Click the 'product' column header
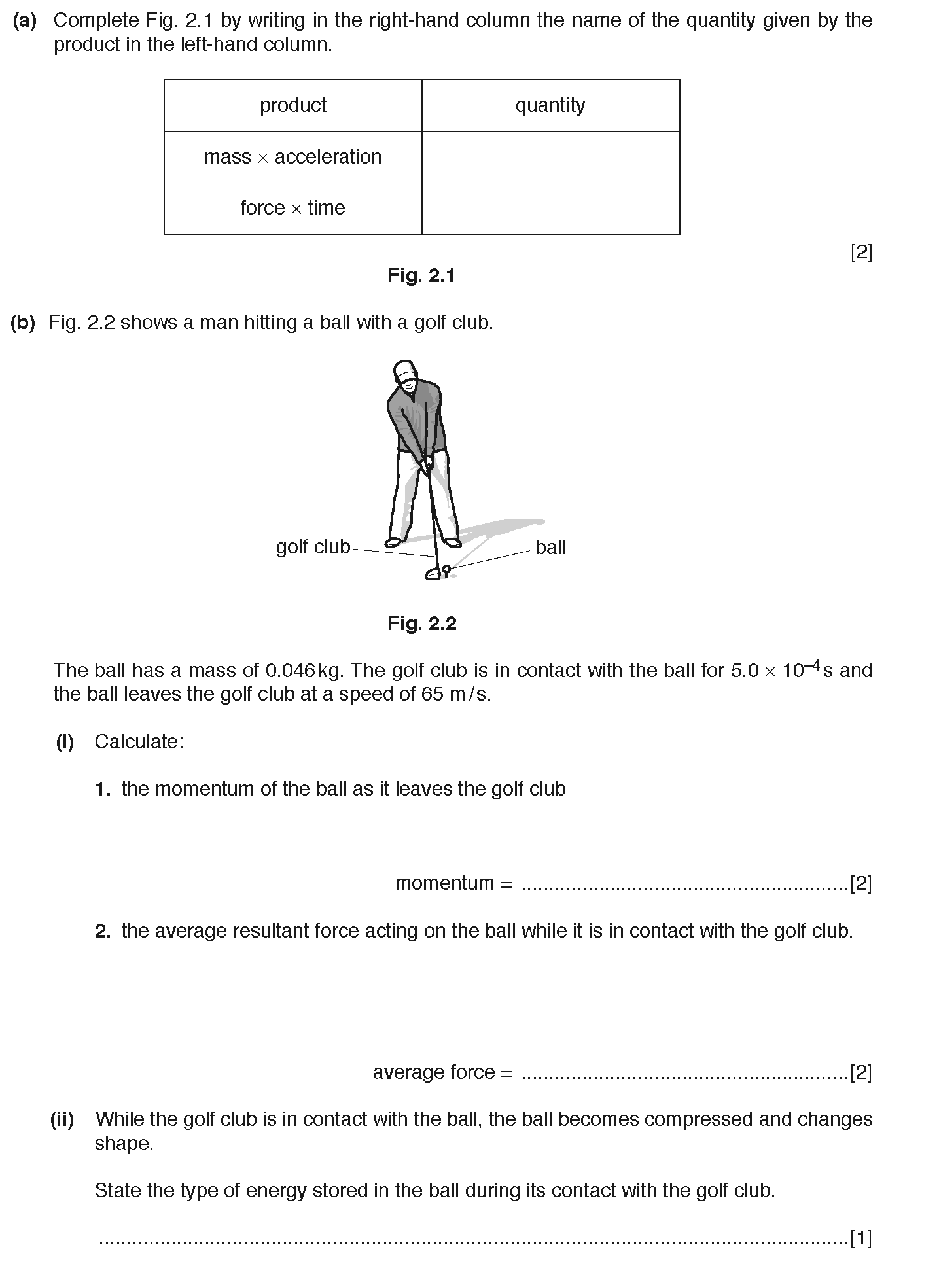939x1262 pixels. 292,105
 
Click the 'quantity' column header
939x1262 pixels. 550,105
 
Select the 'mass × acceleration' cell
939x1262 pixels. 292,157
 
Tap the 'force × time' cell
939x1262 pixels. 292,208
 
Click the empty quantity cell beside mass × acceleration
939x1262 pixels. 550,157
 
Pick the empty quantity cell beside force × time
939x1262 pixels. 550,208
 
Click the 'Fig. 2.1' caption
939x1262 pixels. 421,275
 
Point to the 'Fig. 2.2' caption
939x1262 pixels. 421,623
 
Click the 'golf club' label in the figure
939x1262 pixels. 313,547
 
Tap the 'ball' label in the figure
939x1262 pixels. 550,548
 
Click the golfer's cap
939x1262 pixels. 405,369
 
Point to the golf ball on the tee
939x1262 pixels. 446,569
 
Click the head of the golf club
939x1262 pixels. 433,574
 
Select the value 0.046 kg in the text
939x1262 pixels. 305,671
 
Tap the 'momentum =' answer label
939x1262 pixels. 453,883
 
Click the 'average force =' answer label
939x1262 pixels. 442,1072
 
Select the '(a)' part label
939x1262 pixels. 24,21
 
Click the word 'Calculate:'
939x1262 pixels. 139,742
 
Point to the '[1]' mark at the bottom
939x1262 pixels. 860,1238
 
